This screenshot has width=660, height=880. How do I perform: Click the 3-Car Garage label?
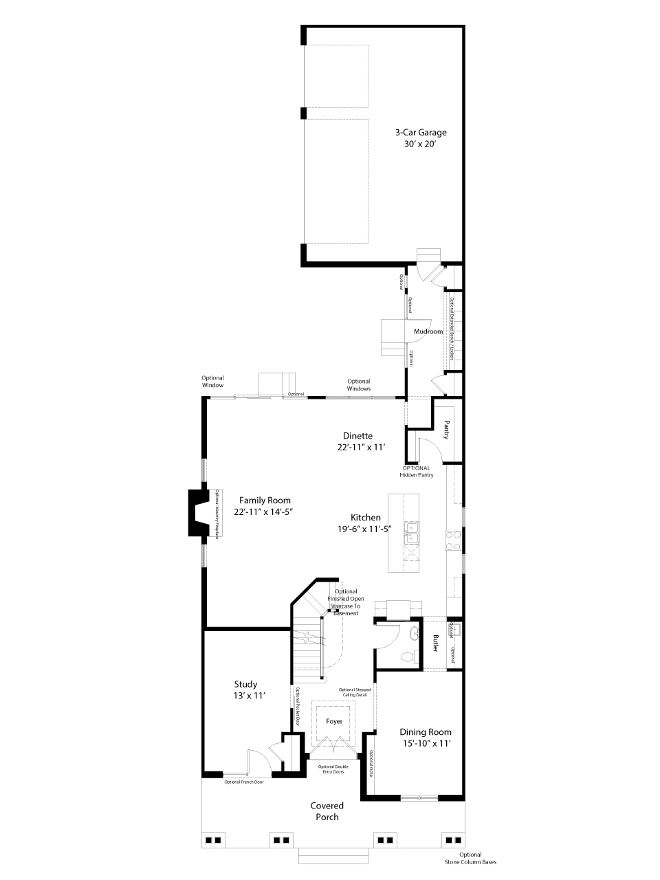click(x=420, y=133)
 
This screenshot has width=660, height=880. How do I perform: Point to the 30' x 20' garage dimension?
click(x=420, y=145)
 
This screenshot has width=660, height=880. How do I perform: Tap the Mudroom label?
click(x=428, y=331)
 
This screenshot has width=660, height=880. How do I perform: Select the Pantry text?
click(x=446, y=430)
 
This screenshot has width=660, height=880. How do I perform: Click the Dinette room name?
click(x=357, y=436)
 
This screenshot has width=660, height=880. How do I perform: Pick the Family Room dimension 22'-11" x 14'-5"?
click(x=264, y=512)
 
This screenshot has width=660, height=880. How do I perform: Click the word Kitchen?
click(x=365, y=518)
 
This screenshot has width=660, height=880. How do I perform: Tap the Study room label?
click(x=245, y=684)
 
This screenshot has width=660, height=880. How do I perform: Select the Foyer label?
click(x=334, y=721)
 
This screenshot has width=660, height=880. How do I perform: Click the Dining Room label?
click(x=426, y=732)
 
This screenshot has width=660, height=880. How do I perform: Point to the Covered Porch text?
click(x=327, y=811)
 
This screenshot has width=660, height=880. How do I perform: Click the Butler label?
click(x=436, y=643)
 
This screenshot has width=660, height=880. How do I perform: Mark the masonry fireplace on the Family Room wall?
click(x=199, y=513)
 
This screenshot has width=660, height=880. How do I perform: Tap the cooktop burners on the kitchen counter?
click(x=453, y=540)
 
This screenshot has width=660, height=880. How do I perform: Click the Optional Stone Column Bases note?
click(x=470, y=858)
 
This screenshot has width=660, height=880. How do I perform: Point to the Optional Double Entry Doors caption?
click(x=332, y=769)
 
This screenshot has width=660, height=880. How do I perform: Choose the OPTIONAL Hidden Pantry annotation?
click(x=417, y=472)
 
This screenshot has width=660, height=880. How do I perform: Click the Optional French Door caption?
click(x=243, y=782)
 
